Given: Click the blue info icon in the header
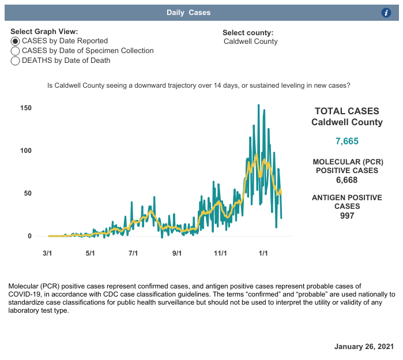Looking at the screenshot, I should (387, 13).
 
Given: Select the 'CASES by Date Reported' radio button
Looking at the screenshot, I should (16, 41).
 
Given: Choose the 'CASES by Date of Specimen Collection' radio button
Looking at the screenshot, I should (16, 51).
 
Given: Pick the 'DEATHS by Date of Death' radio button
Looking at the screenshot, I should (16, 61).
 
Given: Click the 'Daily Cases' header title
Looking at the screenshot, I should (189, 13).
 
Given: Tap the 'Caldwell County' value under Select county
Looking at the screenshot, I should (251, 42).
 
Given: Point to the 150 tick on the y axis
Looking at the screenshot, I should (25, 108).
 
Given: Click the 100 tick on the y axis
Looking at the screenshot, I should (25, 151).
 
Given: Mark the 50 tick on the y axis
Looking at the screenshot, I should (27, 193).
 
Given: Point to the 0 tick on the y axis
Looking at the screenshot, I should (29, 236).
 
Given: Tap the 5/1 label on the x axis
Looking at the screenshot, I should (90, 253).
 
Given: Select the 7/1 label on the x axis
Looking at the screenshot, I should (133, 253).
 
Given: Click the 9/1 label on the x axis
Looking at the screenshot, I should (177, 253).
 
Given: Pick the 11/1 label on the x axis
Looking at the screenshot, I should (220, 253).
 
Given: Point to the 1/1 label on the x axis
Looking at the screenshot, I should (263, 253).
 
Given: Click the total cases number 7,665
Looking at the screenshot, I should (347, 141).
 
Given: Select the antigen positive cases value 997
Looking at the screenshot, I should (347, 216).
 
